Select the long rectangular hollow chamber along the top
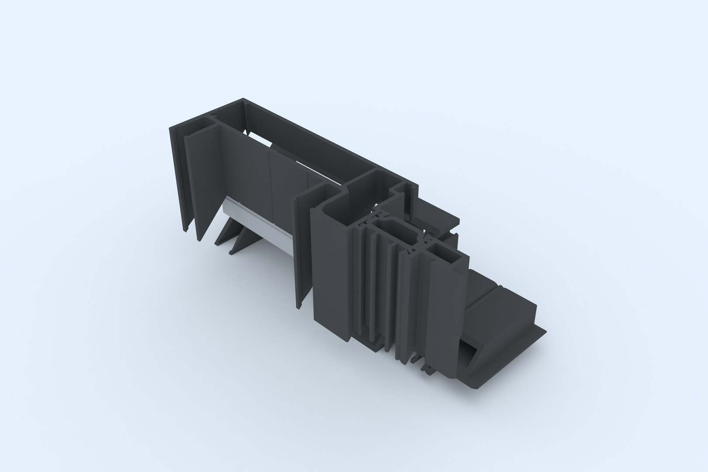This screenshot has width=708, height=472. pyautogui.click(x=306, y=144)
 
